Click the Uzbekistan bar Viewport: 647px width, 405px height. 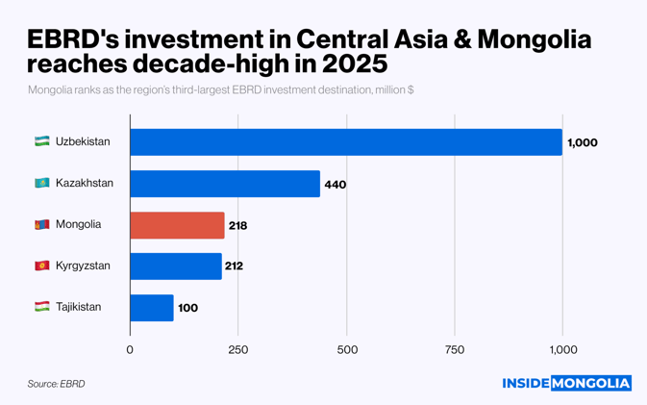346,142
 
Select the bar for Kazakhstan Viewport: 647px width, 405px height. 225,184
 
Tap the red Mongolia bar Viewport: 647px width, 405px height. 177,225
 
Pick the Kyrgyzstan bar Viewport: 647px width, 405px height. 176,266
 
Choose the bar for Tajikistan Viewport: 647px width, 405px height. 152,308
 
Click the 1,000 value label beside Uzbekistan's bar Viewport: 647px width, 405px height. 583,142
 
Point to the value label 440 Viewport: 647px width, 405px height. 335,184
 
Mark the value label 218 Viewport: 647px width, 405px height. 237,225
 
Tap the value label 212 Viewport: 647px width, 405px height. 233,266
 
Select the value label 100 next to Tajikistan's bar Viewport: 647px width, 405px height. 187,308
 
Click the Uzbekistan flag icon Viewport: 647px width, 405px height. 41,141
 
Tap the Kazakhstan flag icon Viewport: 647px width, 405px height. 41,183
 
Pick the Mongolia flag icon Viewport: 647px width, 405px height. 41,224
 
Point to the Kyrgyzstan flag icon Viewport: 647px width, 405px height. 41,266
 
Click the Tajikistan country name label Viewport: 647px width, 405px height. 78,307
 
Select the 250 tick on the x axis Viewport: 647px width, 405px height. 237,349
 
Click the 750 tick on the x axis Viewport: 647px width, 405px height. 455,349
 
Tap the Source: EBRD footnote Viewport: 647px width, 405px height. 56,384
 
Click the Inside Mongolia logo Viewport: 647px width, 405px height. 566,383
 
